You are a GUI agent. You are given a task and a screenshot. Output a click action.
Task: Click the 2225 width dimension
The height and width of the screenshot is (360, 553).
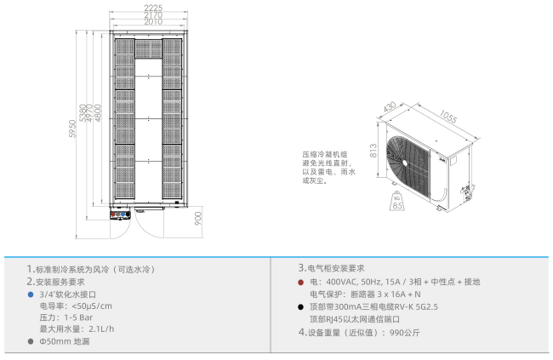153,8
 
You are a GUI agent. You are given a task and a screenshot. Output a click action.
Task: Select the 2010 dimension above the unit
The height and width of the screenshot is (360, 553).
153,21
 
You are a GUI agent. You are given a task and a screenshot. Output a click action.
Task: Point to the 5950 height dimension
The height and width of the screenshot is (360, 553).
72,129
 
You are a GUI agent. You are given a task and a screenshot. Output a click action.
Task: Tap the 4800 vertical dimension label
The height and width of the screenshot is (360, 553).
98,113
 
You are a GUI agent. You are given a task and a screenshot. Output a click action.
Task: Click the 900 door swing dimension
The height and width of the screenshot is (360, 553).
198,219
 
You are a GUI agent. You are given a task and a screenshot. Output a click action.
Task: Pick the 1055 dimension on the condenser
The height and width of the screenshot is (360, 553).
448,116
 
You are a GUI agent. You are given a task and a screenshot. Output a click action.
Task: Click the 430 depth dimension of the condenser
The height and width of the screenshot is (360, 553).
390,106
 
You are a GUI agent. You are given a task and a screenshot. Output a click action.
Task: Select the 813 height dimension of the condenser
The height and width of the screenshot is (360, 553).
373,151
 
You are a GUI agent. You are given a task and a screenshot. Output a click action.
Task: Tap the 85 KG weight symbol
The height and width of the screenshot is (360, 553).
397,201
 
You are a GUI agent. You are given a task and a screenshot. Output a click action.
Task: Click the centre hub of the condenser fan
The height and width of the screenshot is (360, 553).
404,163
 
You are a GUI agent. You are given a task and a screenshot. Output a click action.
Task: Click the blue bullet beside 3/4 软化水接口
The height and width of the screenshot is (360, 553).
31,294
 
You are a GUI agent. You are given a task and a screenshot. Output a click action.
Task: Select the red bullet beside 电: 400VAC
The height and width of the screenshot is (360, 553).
301,282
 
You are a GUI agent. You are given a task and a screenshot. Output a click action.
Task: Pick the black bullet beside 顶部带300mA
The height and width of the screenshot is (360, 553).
300,307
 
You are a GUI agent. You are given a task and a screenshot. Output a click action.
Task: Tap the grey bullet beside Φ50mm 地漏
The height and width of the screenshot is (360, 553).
31,341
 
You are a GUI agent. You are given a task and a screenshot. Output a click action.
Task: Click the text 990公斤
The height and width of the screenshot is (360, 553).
404,333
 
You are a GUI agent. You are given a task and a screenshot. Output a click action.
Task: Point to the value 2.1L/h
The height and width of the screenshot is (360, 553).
101,329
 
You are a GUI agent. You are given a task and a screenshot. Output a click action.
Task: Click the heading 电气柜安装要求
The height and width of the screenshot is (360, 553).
336,268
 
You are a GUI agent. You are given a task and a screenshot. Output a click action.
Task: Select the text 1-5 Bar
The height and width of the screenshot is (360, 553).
78,317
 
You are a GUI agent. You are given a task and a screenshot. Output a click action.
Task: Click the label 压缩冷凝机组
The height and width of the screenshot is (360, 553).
325,154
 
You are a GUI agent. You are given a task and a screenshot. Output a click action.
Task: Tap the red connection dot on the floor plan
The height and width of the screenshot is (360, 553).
113,214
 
